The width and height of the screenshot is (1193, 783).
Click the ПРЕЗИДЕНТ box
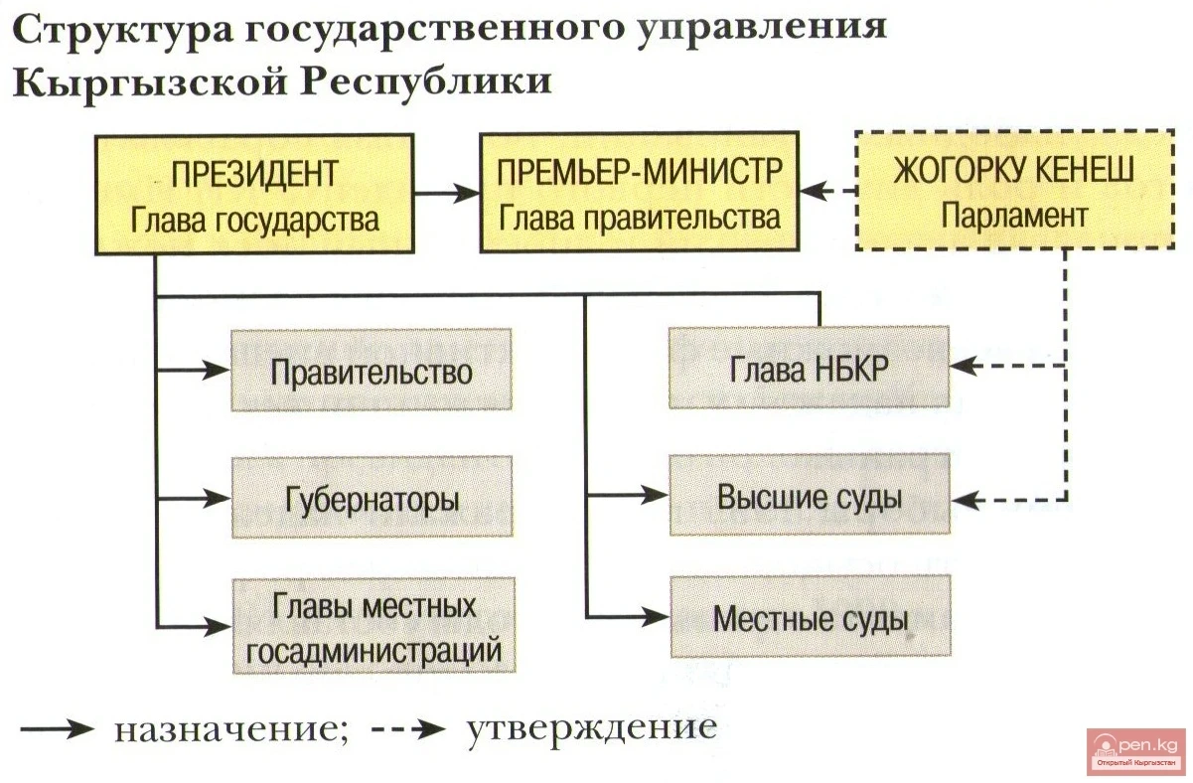click(255, 196)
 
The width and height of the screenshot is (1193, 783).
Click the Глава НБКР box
click(809, 368)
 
